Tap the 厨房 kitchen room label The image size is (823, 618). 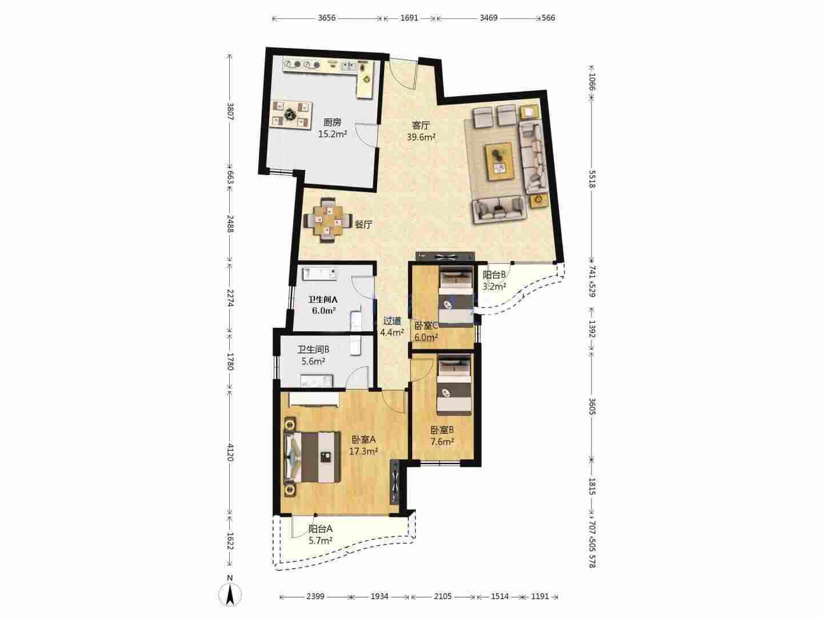332,122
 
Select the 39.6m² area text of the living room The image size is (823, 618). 421,137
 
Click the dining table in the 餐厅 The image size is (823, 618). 328,221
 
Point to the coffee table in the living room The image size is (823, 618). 499,161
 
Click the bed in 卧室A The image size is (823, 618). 313,457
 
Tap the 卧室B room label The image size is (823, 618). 442,430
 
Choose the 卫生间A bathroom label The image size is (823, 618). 323,299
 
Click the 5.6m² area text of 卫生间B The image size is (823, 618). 313,361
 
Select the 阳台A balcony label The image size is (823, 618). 320,529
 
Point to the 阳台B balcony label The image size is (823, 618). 494,275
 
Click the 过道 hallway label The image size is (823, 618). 392,321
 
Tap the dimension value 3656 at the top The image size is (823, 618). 326,18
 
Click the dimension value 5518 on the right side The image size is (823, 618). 592,179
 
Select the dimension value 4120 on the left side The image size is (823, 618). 230,453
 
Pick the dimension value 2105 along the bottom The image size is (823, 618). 443,596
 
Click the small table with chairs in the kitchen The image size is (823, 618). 292,114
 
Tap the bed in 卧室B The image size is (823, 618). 454,386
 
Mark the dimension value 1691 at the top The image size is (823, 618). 409,18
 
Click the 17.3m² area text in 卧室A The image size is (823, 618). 363,451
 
